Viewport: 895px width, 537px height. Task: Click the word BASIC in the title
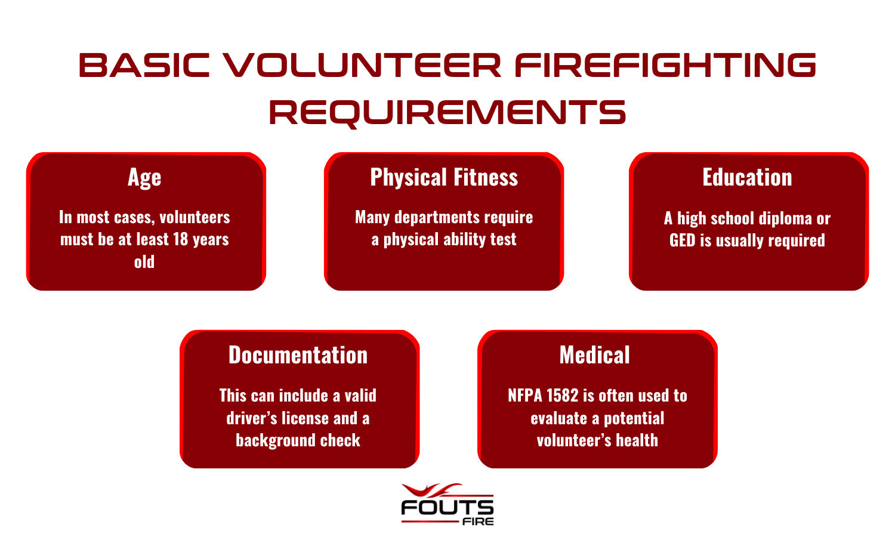(x=144, y=64)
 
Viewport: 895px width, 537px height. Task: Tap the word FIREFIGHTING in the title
(x=666, y=64)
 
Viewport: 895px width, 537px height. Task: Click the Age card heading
(x=144, y=177)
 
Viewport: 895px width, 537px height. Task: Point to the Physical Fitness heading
(x=444, y=177)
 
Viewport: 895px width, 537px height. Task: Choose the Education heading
(x=747, y=177)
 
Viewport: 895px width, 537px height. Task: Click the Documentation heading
(x=298, y=355)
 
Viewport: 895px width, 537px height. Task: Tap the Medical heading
(x=594, y=355)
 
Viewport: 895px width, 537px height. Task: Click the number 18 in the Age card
(x=181, y=239)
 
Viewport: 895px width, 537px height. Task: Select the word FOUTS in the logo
(x=447, y=507)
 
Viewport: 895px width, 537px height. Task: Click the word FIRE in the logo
(x=479, y=521)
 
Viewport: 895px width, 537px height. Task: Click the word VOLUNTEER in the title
(x=362, y=64)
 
